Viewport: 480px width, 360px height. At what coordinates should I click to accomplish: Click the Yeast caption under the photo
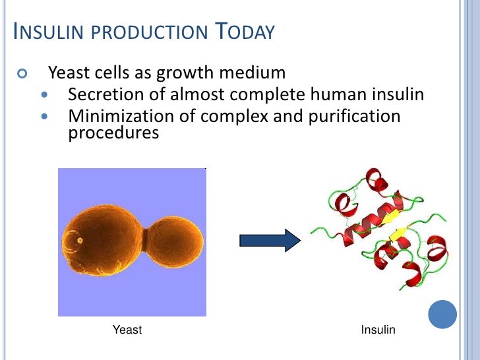[x=127, y=329]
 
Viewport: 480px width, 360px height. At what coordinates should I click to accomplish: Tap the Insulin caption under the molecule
[x=378, y=329]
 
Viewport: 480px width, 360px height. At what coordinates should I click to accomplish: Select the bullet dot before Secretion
[x=44, y=96]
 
